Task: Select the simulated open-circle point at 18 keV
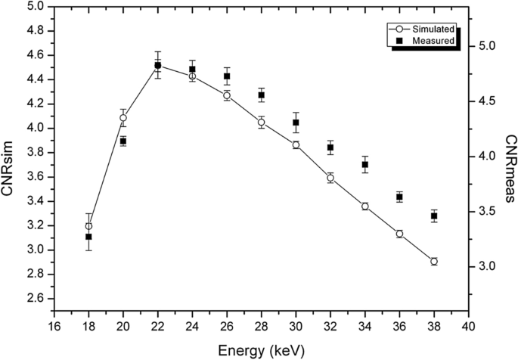[x=88, y=226]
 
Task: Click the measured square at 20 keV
[x=123, y=141]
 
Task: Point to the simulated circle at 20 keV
[x=123, y=118]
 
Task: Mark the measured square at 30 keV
[x=296, y=123]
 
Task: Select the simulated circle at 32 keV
[x=330, y=178]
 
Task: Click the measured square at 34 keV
[x=365, y=165]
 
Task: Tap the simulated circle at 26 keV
[x=227, y=95]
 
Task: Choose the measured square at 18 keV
[x=88, y=237]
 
